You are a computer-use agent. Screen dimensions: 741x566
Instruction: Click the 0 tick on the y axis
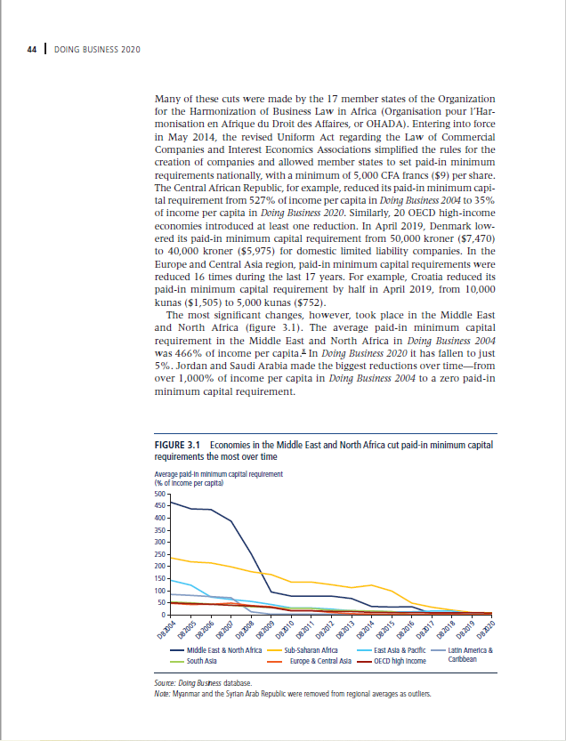[x=163, y=615]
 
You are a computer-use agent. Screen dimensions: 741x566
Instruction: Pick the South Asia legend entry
[x=203, y=662]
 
